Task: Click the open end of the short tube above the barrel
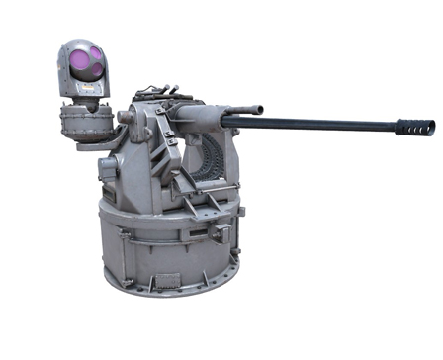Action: pyautogui.click(x=260, y=108)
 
